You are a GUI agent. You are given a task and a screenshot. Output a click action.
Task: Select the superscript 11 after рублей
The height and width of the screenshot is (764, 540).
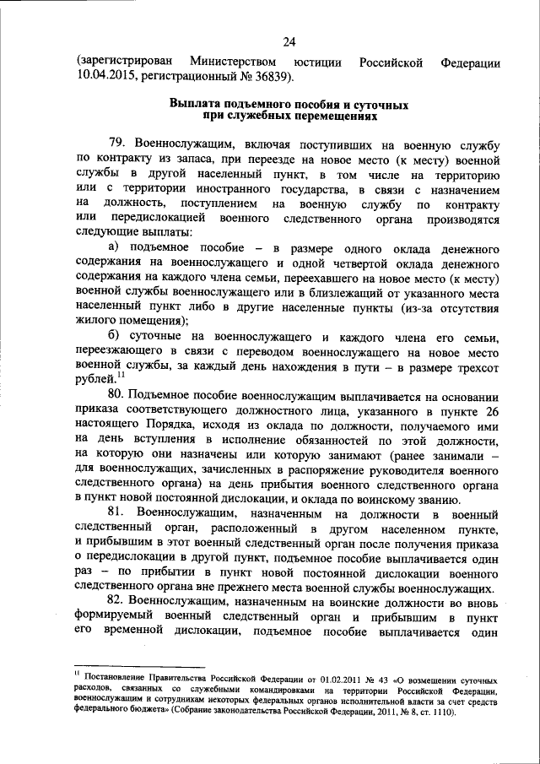pos(121,376)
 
